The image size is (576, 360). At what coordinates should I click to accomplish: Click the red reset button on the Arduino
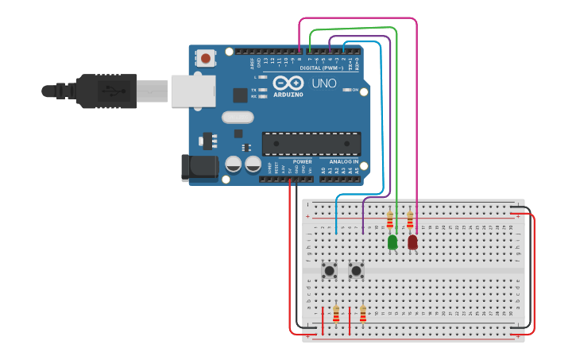(x=207, y=58)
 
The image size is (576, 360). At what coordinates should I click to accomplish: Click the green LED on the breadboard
(x=392, y=242)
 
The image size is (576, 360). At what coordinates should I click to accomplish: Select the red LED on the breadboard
(x=412, y=242)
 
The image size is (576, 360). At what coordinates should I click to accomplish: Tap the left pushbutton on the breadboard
(x=329, y=271)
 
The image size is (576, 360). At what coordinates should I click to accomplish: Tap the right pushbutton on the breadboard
(x=356, y=271)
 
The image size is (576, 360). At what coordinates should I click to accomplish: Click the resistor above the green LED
(x=390, y=219)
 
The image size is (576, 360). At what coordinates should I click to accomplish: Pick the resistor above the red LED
(x=410, y=219)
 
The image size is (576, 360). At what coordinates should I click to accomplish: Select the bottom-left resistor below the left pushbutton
(x=336, y=315)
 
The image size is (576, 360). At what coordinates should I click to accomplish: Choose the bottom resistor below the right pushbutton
(x=363, y=315)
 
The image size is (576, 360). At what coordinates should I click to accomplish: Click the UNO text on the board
(x=323, y=83)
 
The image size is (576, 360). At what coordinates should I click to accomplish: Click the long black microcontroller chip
(x=311, y=144)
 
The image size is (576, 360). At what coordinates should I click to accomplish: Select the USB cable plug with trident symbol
(x=107, y=91)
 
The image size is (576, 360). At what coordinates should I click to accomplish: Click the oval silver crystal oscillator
(x=238, y=118)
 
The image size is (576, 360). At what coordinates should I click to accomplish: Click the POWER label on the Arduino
(x=302, y=161)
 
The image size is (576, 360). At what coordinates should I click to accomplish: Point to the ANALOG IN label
(x=345, y=161)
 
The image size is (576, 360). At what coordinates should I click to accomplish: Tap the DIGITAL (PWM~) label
(x=322, y=68)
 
